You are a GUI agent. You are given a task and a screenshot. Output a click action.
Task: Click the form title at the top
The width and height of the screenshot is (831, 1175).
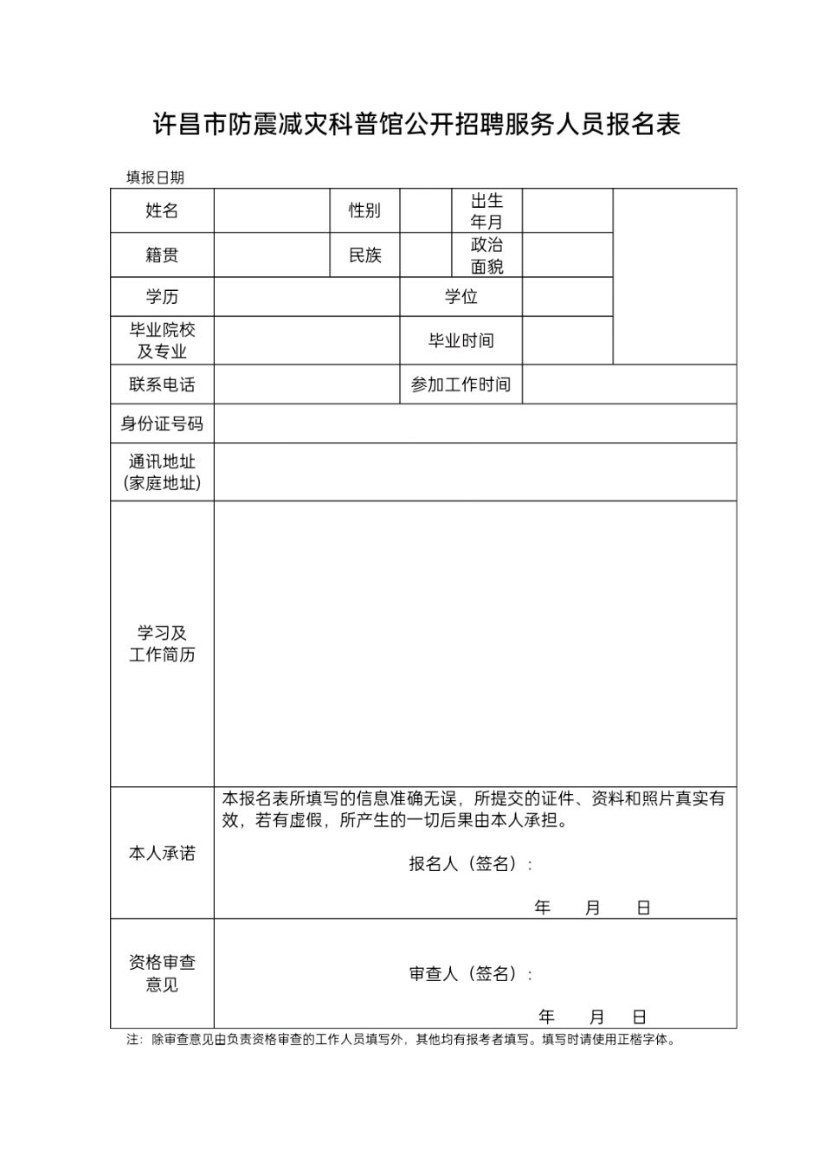tap(416, 125)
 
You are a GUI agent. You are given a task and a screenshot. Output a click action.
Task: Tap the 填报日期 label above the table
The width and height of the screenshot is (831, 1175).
tap(155, 178)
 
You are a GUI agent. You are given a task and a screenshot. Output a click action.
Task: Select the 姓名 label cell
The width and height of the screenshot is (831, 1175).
tap(162, 210)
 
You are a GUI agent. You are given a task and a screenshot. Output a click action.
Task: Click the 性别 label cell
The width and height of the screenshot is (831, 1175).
tap(364, 210)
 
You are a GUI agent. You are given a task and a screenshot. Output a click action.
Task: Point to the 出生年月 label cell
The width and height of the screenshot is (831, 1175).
tap(486, 210)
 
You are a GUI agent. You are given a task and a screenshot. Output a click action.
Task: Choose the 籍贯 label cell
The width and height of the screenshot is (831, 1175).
tap(162, 255)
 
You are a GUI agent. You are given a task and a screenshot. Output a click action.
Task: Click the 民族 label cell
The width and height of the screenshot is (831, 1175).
tap(364, 255)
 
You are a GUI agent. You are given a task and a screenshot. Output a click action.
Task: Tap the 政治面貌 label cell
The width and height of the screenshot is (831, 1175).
tap(486, 255)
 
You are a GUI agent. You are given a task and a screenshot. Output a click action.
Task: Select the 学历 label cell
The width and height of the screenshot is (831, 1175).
tap(162, 297)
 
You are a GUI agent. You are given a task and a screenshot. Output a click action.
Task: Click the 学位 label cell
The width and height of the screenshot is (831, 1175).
tap(461, 297)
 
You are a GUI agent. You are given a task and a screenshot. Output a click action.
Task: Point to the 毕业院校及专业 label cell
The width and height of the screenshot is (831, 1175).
tap(162, 340)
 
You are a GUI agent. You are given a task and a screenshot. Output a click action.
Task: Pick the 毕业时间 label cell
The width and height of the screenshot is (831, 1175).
tap(461, 340)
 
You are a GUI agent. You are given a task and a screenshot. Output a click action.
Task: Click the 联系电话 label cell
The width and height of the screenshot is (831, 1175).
tap(162, 384)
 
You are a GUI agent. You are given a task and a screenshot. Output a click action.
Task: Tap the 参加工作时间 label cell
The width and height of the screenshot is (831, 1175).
tap(461, 384)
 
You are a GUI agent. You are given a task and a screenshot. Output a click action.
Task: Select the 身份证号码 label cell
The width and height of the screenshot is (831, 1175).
tap(162, 423)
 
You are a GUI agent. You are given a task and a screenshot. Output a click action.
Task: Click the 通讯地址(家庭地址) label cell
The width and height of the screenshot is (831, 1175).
tap(162, 472)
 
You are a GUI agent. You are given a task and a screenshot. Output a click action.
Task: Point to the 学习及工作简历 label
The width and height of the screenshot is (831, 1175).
tap(162, 643)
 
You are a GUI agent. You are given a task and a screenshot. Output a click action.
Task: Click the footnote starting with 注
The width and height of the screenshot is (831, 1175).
tap(401, 1039)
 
